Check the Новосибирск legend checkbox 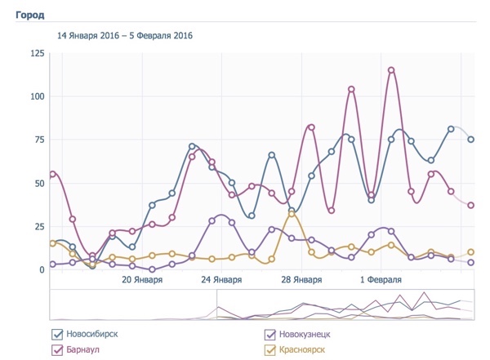click(57, 334)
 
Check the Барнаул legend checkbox click(57, 349)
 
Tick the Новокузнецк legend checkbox click(270, 334)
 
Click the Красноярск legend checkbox click(270, 349)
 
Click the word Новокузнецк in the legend click(307, 334)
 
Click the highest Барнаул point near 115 click(391, 70)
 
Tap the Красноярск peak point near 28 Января click(292, 214)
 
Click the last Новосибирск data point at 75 click(471, 140)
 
